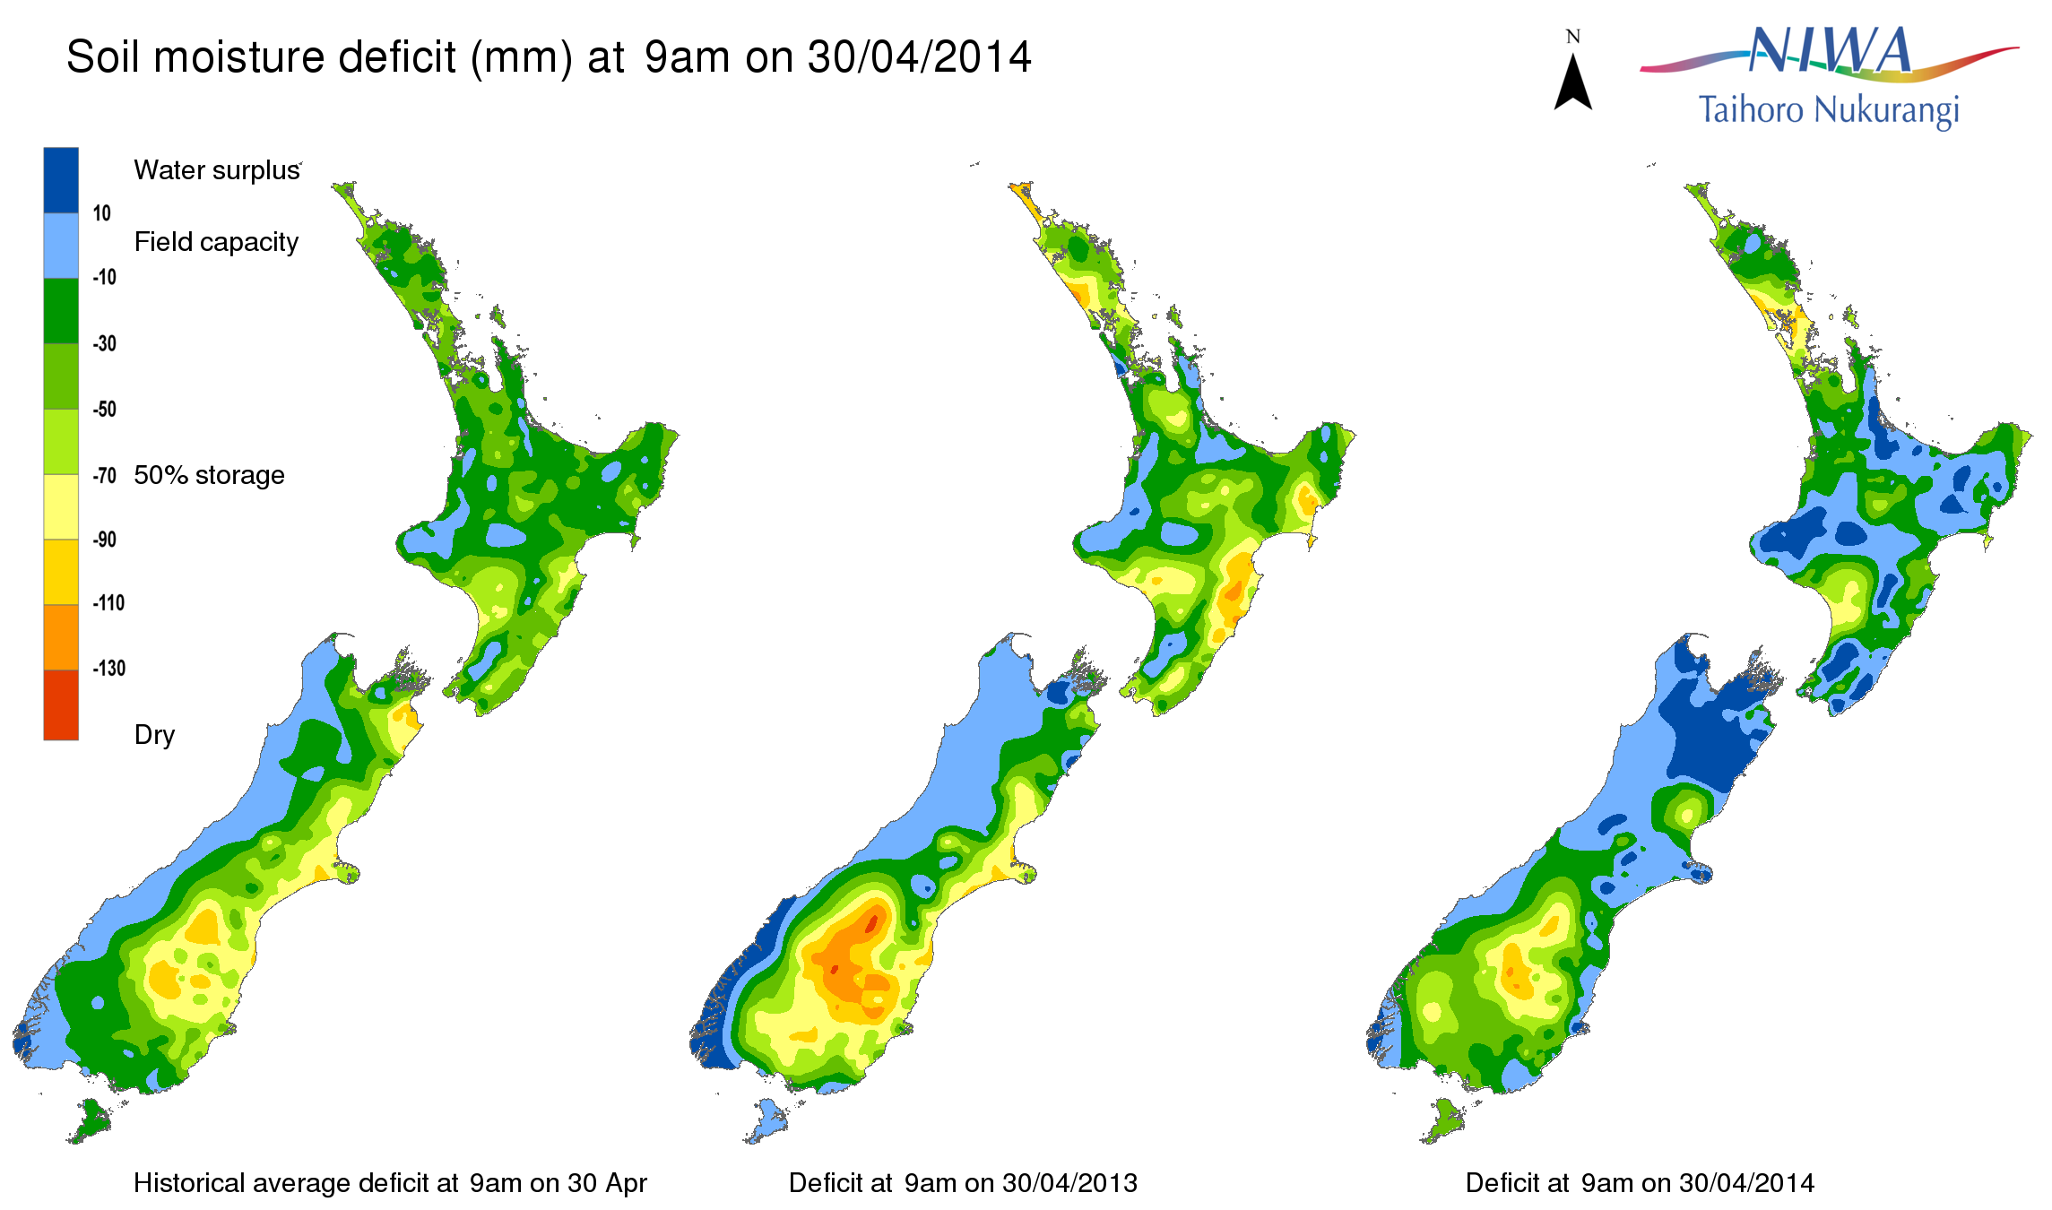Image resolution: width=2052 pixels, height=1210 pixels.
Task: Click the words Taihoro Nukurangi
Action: [x=1829, y=111]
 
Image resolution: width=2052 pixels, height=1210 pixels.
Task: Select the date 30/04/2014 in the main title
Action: [x=920, y=57]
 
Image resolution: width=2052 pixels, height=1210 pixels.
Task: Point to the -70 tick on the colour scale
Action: [x=105, y=475]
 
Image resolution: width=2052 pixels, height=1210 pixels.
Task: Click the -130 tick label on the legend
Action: [x=108, y=669]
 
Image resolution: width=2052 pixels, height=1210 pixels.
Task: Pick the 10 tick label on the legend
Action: [x=101, y=213]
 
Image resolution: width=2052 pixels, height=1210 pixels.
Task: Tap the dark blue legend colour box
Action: [x=61, y=180]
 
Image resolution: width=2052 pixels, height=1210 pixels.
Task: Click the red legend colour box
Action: [x=61, y=704]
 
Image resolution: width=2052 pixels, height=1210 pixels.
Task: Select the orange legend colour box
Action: [x=61, y=637]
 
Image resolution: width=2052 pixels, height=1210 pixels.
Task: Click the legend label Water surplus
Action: [x=217, y=170]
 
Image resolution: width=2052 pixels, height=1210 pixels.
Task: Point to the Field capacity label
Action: [x=216, y=242]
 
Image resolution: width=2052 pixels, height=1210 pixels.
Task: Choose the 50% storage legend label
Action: [x=209, y=475]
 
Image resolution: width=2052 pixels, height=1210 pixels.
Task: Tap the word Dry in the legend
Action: [x=154, y=735]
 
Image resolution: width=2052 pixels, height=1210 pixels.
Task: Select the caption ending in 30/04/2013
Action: [x=963, y=1183]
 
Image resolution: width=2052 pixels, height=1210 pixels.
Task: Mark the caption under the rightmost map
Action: [x=1640, y=1183]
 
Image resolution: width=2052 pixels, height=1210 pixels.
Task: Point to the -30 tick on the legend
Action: [x=105, y=343]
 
